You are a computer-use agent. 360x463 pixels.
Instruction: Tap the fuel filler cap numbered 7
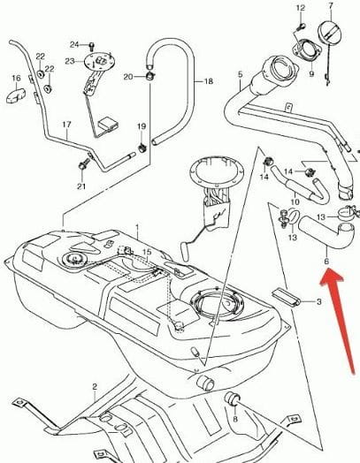tap(332, 33)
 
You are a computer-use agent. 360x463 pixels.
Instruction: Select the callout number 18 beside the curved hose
tap(209, 81)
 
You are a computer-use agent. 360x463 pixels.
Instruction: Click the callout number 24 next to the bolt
tap(74, 44)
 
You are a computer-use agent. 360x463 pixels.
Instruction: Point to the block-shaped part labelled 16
tap(16, 95)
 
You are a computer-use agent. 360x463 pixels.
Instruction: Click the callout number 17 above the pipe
tap(67, 125)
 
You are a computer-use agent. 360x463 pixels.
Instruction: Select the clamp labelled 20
tap(150, 76)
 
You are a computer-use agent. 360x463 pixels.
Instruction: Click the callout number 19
tap(142, 126)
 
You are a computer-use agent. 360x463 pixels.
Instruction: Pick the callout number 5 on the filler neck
tap(240, 74)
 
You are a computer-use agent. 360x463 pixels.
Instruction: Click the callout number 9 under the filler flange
tap(311, 73)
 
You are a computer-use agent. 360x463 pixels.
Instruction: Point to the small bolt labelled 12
tap(301, 27)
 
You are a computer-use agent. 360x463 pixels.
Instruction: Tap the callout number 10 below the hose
tap(295, 202)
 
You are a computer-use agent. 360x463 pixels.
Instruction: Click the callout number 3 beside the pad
tap(318, 302)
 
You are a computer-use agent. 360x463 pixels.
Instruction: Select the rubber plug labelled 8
tap(232, 398)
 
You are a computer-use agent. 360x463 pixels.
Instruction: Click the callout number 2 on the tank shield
tap(95, 387)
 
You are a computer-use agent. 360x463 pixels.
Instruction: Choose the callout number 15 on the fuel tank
tap(147, 252)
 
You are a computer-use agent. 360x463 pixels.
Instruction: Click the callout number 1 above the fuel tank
tap(137, 227)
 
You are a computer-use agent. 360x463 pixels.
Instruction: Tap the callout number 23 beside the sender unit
tap(70, 62)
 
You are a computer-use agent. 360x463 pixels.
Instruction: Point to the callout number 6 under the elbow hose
tap(326, 262)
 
